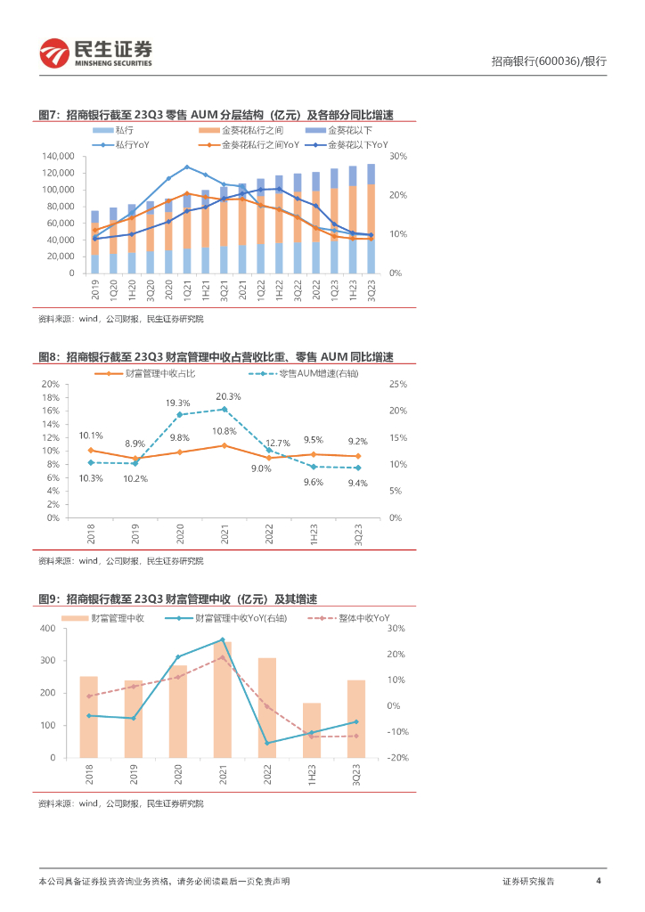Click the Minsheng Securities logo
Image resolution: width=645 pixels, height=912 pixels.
(x=95, y=54)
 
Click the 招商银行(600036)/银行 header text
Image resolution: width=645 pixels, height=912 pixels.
(x=549, y=61)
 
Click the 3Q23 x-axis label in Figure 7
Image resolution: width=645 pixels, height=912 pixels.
(x=371, y=289)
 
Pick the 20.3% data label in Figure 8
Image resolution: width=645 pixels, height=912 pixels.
(x=227, y=396)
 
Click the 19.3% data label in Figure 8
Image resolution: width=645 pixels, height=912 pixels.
(x=178, y=403)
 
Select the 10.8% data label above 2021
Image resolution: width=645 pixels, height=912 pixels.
(x=224, y=431)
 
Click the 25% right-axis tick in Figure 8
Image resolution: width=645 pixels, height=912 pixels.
(x=398, y=384)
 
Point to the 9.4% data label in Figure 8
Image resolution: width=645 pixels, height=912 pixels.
(x=357, y=483)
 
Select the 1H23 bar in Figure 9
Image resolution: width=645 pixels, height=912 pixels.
(x=311, y=730)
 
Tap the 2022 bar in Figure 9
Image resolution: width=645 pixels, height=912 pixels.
(x=266, y=707)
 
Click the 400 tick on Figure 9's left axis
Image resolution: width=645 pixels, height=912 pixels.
(x=47, y=629)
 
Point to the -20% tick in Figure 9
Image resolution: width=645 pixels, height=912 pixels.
(x=398, y=758)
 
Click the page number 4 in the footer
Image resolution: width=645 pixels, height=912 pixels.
(x=599, y=881)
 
